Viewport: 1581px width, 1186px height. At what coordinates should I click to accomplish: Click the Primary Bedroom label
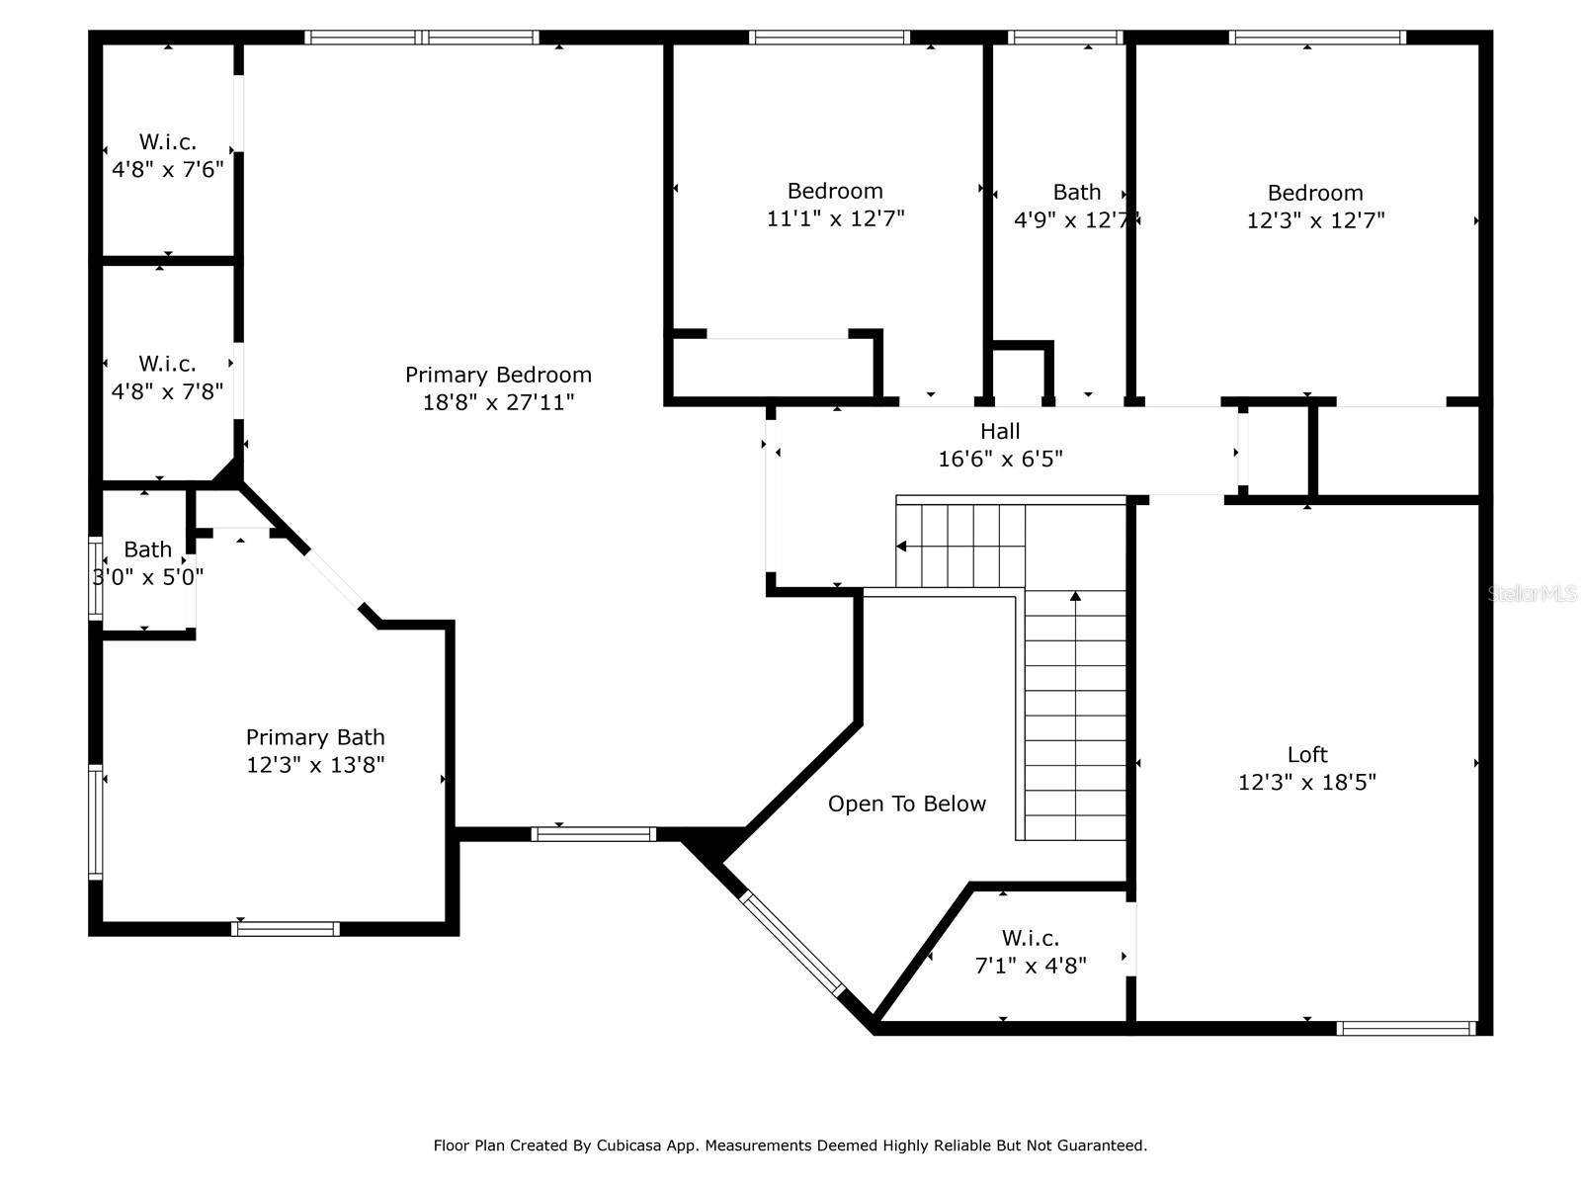(498, 375)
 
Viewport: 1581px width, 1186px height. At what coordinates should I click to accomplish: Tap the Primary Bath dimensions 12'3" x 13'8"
(315, 764)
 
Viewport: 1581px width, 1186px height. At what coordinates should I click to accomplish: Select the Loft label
(1307, 754)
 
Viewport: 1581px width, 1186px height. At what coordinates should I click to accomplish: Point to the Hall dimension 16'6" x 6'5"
(1000, 458)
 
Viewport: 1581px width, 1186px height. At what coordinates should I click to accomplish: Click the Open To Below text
(907, 804)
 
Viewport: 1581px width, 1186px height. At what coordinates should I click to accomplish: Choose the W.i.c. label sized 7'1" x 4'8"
(1030, 938)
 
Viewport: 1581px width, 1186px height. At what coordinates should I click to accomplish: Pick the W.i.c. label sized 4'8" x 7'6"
(167, 141)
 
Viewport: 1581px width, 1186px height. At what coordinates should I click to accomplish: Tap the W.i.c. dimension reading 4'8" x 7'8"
(167, 391)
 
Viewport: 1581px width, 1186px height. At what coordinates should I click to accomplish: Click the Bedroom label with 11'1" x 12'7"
(835, 191)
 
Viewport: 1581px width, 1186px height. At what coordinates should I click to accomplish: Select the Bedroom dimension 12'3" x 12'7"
(1315, 219)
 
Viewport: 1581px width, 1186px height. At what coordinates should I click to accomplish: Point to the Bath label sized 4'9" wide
(1077, 193)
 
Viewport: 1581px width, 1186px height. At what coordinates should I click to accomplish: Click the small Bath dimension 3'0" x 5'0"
(148, 577)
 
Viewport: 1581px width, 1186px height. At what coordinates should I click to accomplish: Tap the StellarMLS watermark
(1532, 593)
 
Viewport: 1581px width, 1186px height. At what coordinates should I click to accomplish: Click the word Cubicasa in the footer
(628, 1144)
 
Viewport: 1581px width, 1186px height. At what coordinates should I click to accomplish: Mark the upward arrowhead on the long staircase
(1075, 596)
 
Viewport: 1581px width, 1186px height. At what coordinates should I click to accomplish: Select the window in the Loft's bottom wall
(1406, 1028)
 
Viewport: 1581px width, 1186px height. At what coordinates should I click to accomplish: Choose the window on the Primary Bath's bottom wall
(286, 929)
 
